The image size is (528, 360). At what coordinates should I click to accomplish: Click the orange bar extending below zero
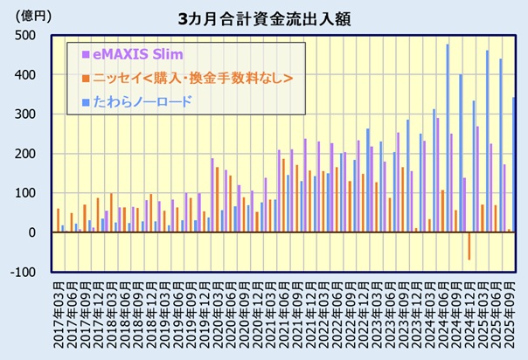point(468,246)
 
